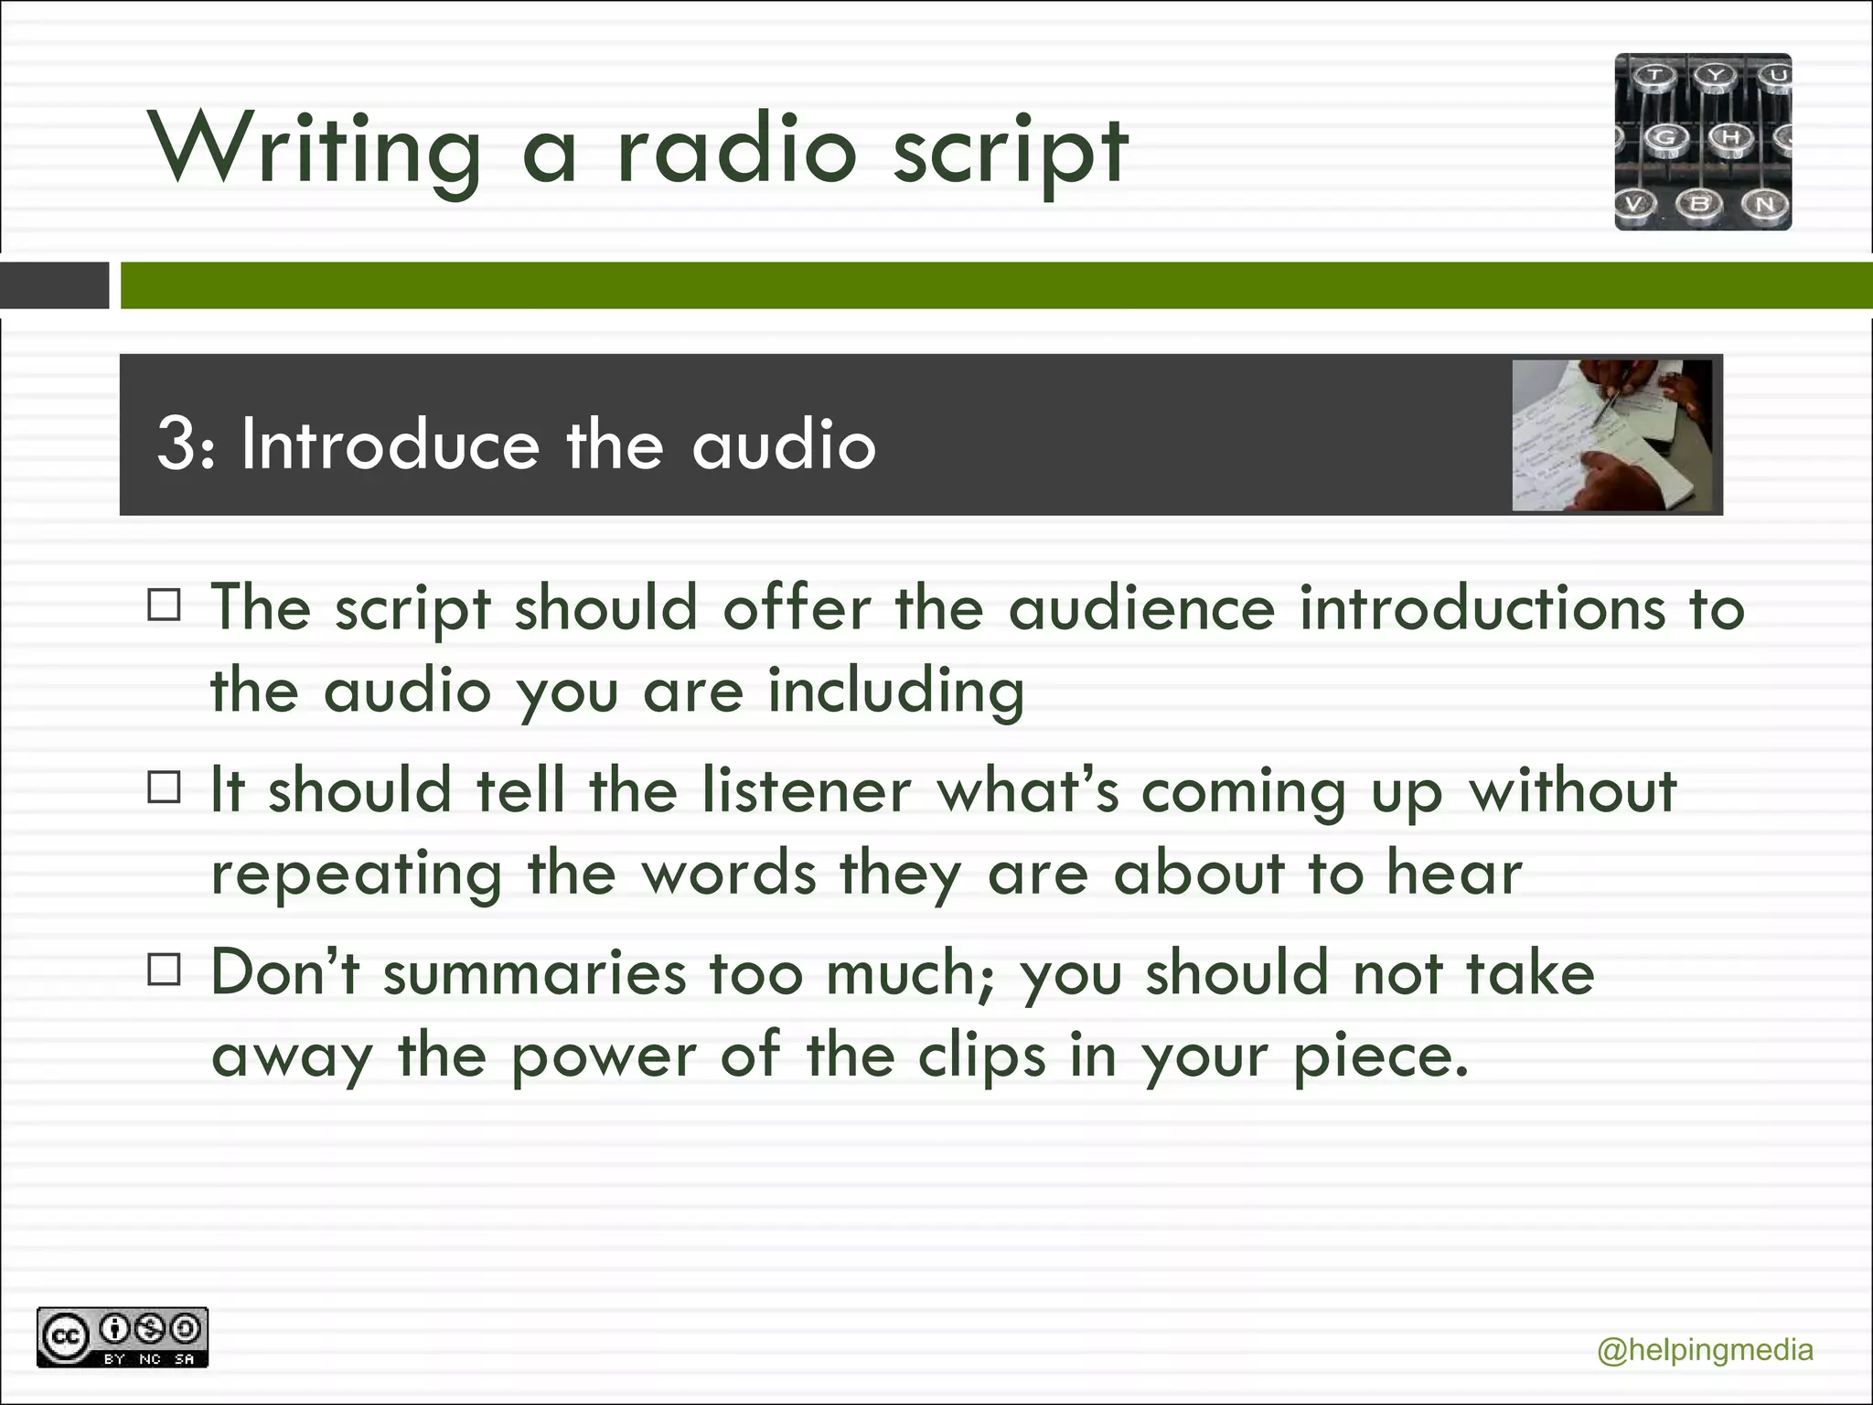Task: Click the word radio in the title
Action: [x=736, y=149]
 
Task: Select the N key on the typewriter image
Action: [x=1765, y=204]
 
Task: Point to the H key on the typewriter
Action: [x=1731, y=138]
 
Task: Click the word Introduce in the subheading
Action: [x=391, y=445]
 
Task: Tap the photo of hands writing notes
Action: [x=1611, y=434]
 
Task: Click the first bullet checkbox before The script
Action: [x=165, y=605]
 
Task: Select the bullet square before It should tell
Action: [x=165, y=787]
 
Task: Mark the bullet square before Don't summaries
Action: [x=165, y=970]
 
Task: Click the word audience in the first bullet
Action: [x=1140, y=607]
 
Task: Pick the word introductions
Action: [x=1482, y=607]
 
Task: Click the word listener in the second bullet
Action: [x=807, y=790]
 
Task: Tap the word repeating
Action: [x=357, y=874]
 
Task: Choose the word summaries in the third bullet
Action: [x=534, y=973]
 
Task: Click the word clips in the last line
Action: [x=981, y=1057]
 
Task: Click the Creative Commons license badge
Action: [x=123, y=1337]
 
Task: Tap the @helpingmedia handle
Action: [x=1705, y=1350]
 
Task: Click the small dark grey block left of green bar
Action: [x=54, y=285]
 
